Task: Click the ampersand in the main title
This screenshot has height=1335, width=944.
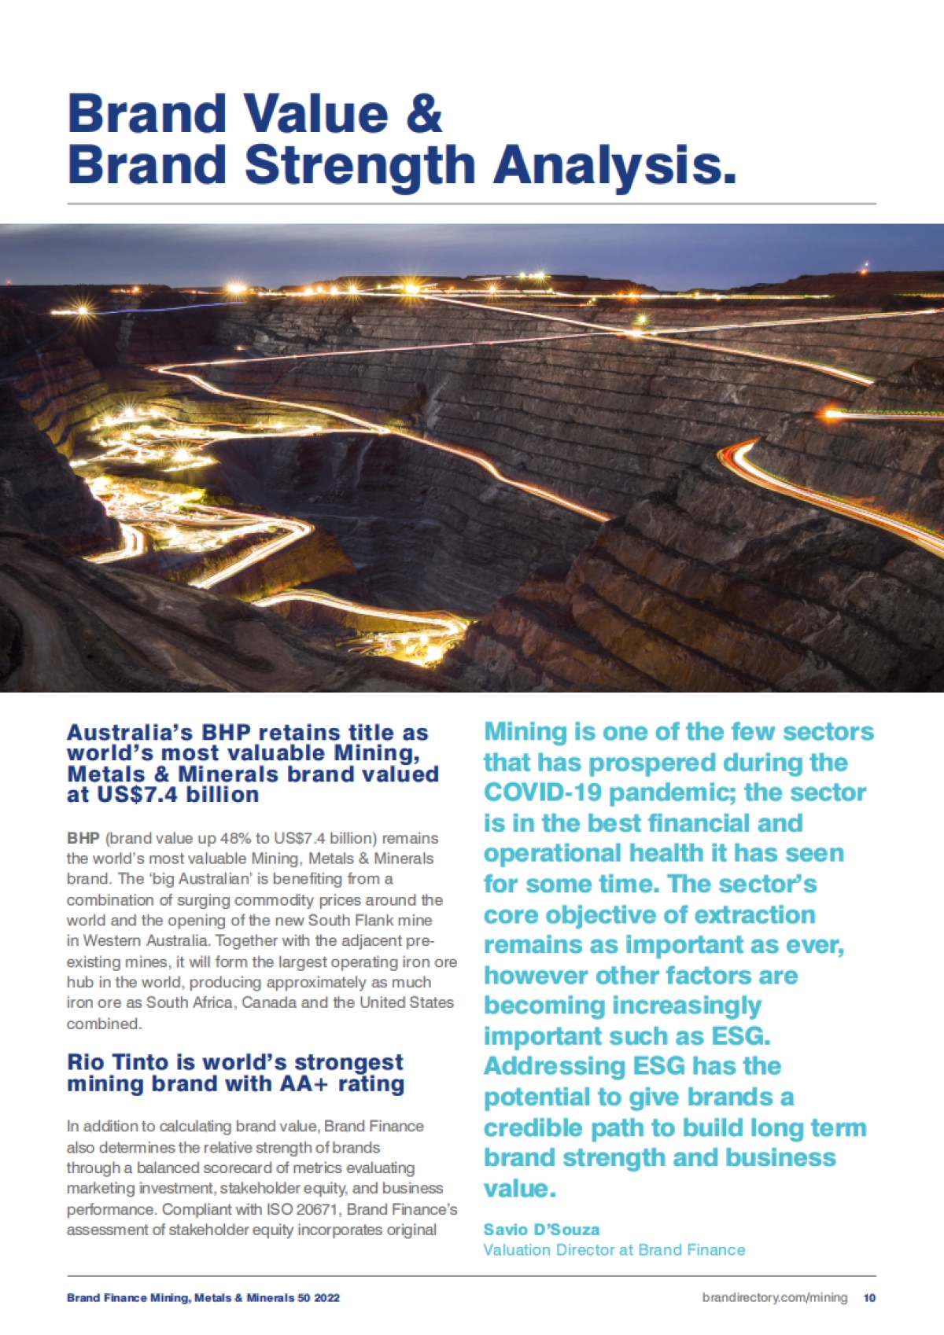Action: pyautogui.click(x=425, y=114)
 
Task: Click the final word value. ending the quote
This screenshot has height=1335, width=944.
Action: pyautogui.click(x=519, y=1189)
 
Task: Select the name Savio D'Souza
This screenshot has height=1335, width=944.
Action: pyautogui.click(x=541, y=1230)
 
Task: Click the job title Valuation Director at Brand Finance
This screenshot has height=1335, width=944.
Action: pyautogui.click(x=614, y=1250)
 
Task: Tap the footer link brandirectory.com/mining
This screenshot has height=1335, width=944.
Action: pyautogui.click(x=774, y=1297)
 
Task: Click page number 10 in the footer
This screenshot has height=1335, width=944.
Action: pyautogui.click(x=869, y=1297)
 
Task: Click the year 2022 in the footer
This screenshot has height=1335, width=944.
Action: pyautogui.click(x=326, y=1297)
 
